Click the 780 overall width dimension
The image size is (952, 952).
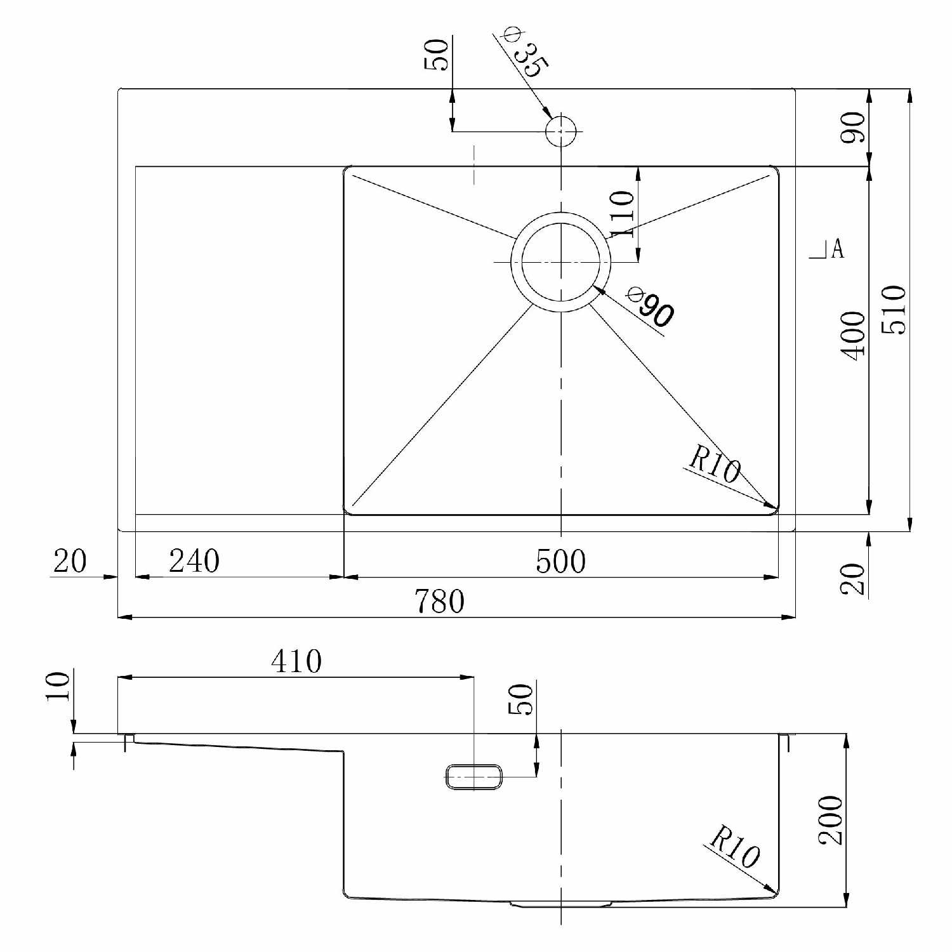point(439,601)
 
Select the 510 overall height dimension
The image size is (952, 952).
point(896,309)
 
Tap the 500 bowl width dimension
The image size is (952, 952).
point(560,562)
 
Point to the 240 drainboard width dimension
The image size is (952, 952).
point(194,562)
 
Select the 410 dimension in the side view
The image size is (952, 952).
point(296,661)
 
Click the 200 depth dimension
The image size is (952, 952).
point(830,820)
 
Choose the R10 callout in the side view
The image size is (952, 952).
point(734,847)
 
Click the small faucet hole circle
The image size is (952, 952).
point(561,132)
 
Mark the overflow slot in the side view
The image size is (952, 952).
point(474,777)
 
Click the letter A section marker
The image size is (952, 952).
point(837,249)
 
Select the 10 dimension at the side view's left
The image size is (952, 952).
point(58,687)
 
